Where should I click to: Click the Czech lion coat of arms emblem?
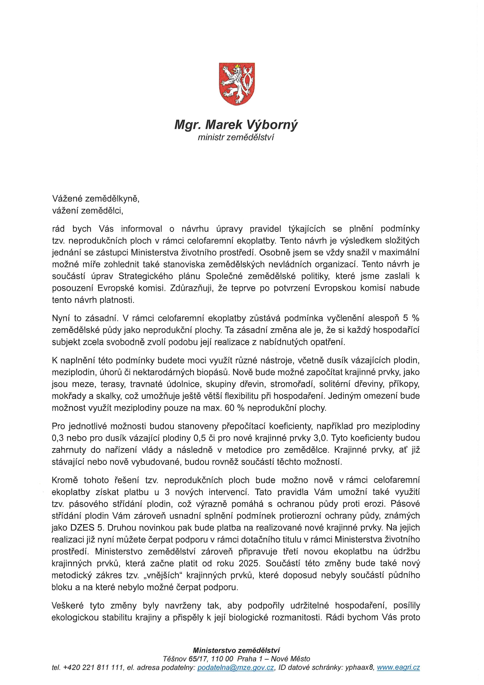(x=237, y=84)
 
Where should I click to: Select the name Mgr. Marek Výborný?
(x=236, y=125)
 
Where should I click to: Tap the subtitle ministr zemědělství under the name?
(x=236, y=137)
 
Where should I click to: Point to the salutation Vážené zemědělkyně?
(x=96, y=199)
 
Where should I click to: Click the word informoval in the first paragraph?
(x=141, y=229)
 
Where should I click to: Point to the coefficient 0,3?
(x=58, y=438)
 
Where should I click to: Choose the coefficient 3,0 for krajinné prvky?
(x=320, y=438)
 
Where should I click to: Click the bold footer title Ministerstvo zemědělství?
(x=236, y=650)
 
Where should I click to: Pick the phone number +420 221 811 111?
(x=93, y=667)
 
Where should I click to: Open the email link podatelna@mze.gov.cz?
(x=236, y=667)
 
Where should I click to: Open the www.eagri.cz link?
(x=398, y=667)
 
